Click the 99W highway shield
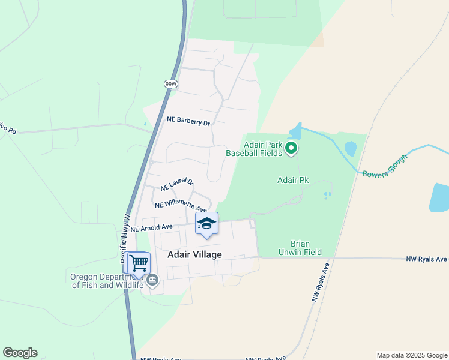pos(170,84)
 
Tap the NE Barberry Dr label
pos(188,122)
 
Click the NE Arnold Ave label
pos(152,228)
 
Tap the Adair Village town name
pos(194,254)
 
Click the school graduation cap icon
pos(206,224)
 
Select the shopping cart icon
pos(139,262)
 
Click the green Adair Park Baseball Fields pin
pos(291,147)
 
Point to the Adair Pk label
pos(292,180)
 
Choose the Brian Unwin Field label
pos(306,248)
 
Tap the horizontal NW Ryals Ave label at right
pos(426,259)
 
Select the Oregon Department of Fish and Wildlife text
pos(107,281)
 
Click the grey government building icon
pos(152,280)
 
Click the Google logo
pos(20,353)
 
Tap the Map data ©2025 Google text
pos(411,355)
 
